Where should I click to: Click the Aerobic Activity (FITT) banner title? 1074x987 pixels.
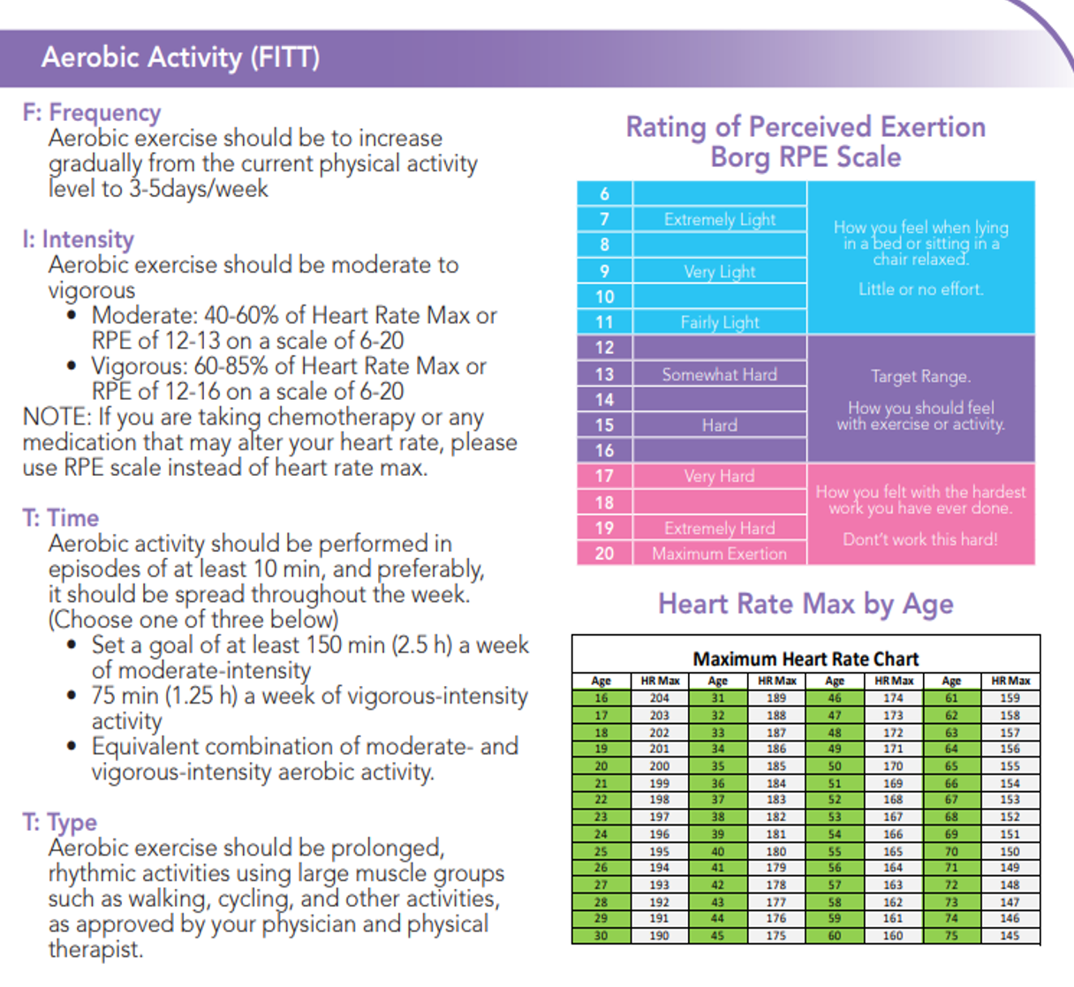click(180, 57)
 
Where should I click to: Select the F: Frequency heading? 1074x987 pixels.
click(92, 113)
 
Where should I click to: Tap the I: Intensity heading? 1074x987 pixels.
click(79, 239)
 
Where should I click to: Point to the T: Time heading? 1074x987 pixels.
click(60, 518)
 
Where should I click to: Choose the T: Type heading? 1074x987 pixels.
click(59, 823)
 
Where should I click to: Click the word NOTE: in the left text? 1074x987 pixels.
click(57, 417)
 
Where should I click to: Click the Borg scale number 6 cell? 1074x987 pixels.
click(604, 193)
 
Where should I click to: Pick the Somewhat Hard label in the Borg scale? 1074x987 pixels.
click(720, 374)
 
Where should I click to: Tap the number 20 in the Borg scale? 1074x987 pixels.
click(604, 553)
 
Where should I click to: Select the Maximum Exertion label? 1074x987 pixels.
click(720, 554)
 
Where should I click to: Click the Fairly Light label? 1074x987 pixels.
click(720, 322)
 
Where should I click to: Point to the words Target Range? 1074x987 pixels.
click(921, 377)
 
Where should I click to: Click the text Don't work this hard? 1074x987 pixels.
click(921, 539)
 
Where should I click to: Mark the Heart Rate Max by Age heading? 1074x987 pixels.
click(805, 605)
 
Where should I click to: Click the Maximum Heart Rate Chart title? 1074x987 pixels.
click(805, 659)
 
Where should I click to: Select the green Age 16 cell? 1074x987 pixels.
click(601, 698)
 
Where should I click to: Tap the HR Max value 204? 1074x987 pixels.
click(660, 698)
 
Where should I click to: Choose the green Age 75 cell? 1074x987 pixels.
click(951, 936)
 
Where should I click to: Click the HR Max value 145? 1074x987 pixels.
click(1010, 936)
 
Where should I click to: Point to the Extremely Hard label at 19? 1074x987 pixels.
click(720, 528)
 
